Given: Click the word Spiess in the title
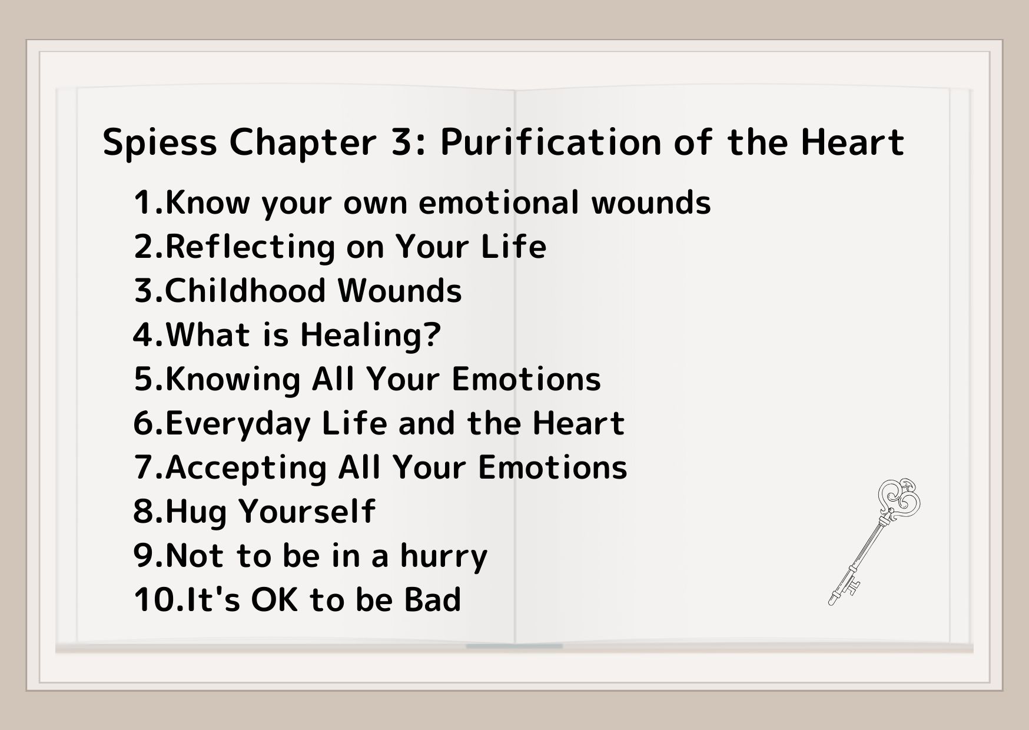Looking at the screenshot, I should point(160,143).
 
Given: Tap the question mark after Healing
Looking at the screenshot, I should point(432,335).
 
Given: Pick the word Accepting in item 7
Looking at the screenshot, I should point(245,468).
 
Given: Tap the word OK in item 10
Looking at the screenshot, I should point(275,600).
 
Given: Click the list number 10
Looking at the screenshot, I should point(155,600).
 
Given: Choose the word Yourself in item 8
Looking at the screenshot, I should point(308,512).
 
